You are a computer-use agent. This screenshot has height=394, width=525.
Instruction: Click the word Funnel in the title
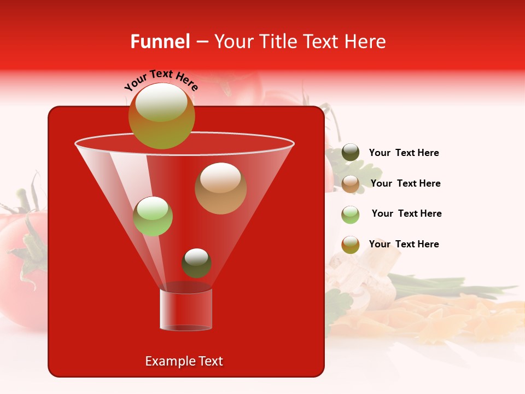[x=160, y=42]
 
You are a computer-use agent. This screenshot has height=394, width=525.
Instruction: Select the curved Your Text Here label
[x=161, y=80]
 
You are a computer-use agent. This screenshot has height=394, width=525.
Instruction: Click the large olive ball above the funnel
[x=161, y=116]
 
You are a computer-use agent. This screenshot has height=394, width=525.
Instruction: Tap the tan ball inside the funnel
[x=220, y=188]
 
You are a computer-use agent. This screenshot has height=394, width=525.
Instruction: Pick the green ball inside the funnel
[x=153, y=216]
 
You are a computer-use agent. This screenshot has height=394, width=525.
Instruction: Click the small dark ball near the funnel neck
[x=196, y=263]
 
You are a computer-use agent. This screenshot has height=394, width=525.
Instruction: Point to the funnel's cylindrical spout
[x=185, y=310]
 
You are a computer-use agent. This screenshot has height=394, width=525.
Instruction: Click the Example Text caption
[x=184, y=361]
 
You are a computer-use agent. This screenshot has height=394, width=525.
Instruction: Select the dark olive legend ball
[x=351, y=153]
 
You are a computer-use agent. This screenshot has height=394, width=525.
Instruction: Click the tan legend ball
[x=351, y=184]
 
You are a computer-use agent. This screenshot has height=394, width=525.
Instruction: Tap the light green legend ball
[x=351, y=215]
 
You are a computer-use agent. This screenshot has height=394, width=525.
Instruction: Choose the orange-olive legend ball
[x=351, y=245]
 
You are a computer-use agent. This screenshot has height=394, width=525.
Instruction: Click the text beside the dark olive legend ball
[x=404, y=153]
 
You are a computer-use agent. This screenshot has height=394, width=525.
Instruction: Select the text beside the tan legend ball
[x=405, y=183]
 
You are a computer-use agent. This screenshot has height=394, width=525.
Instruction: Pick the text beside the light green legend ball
[x=406, y=213]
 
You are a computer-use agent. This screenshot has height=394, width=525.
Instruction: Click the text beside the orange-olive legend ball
[x=404, y=244]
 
